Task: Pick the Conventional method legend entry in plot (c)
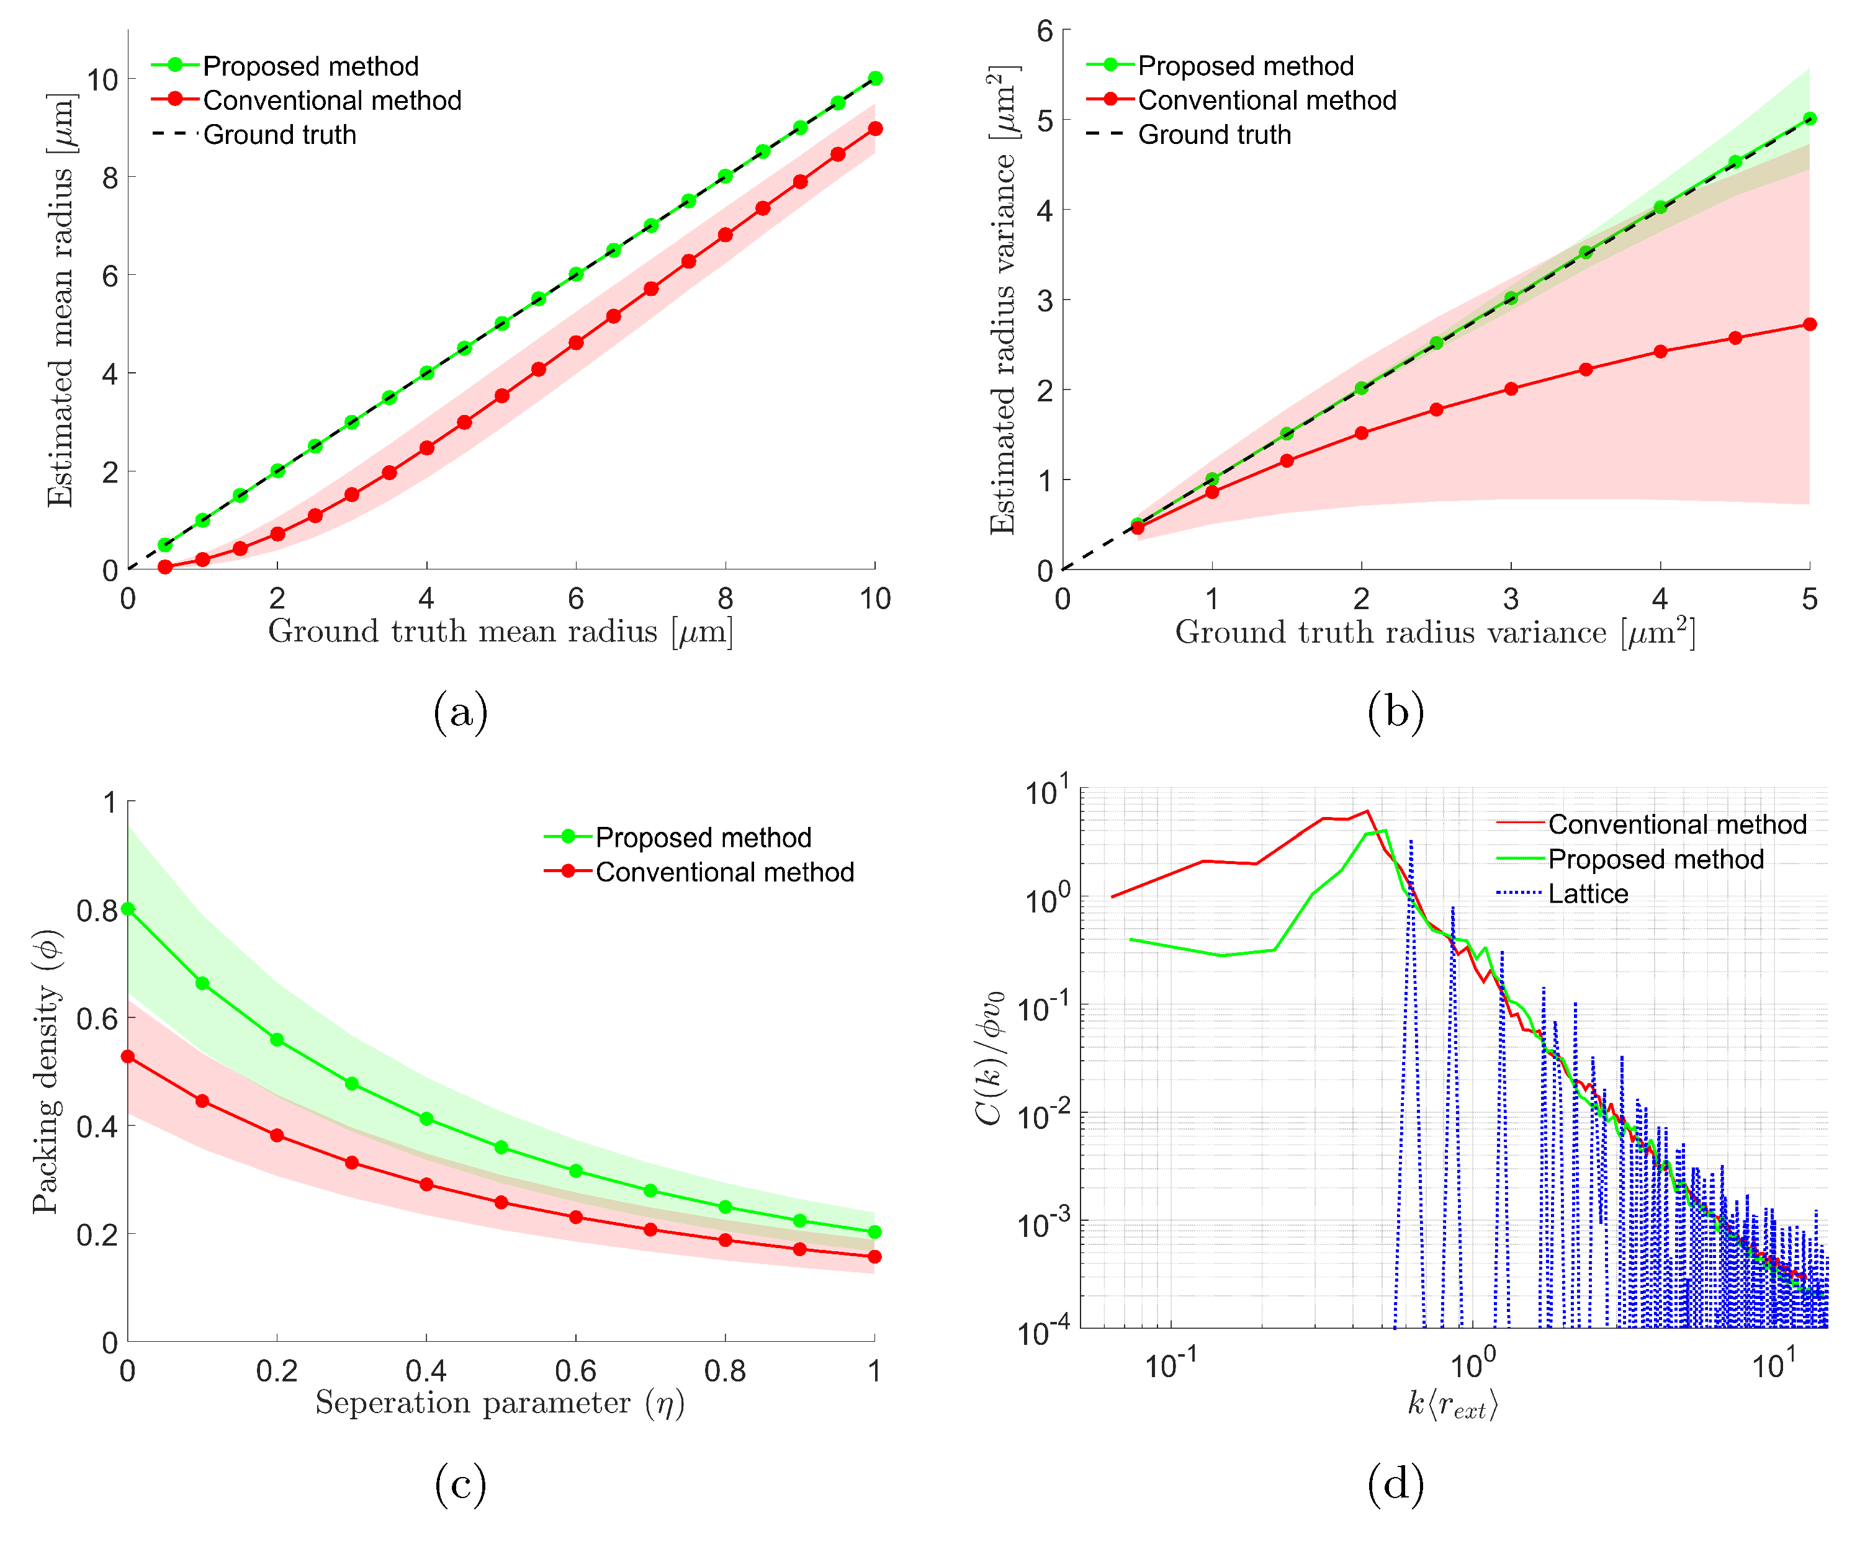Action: pos(724,872)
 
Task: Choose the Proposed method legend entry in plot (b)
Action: pos(1245,66)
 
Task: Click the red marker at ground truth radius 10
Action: pos(874,129)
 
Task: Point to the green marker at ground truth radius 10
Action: pos(874,79)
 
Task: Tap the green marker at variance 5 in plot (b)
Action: pos(1809,119)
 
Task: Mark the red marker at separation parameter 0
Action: pos(128,1056)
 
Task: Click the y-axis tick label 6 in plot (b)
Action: pos(1045,32)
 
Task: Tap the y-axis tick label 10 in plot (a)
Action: pos(102,80)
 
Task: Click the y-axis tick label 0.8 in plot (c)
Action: pos(96,911)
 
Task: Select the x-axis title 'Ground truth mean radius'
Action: pos(500,631)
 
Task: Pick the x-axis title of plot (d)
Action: pos(1453,1404)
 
